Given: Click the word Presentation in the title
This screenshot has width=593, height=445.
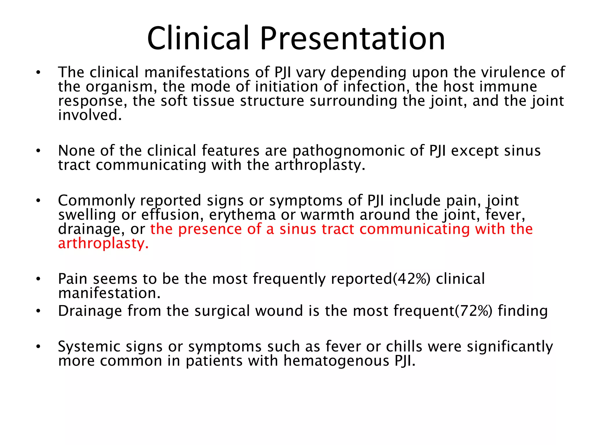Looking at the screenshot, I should [x=352, y=39].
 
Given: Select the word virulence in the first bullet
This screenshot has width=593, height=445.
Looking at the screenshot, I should [x=513, y=72].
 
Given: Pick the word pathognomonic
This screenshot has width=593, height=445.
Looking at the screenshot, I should [x=358, y=151].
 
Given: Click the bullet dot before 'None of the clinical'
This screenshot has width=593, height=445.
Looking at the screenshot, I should [x=38, y=151].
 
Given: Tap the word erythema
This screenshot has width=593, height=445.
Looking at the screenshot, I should [x=242, y=215].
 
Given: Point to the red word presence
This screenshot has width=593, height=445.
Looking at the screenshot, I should [x=210, y=229].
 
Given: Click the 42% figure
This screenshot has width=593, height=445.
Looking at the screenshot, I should [x=411, y=279].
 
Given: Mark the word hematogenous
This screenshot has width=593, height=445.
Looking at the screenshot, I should [x=336, y=361].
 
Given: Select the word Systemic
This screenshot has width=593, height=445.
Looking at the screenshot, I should [x=89, y=347].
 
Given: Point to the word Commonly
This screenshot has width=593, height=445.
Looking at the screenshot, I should [x=96, y=201].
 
